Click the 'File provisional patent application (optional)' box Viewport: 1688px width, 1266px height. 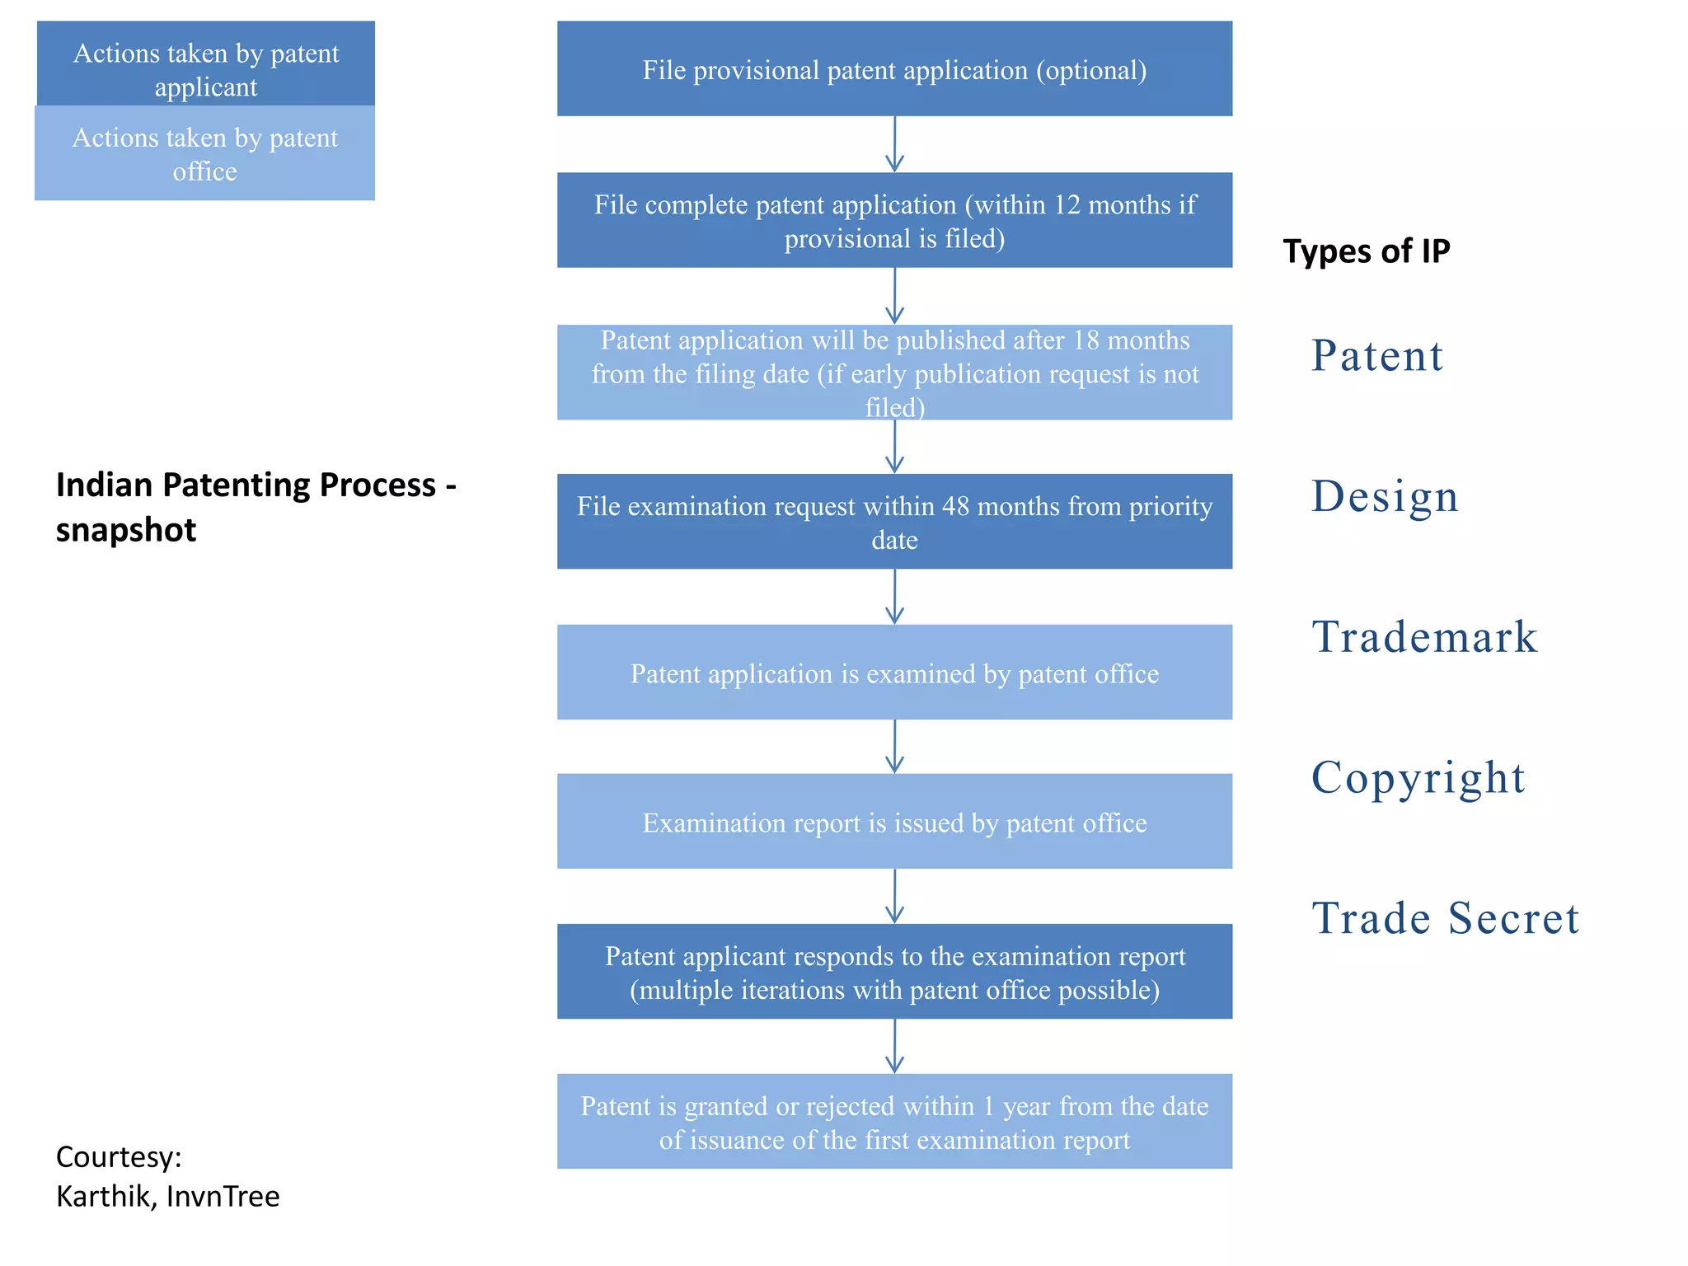(894, 69)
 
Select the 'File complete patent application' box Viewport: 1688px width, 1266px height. (894, 220)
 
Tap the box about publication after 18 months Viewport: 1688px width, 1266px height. (894, 373)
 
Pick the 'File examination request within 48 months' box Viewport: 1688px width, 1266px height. (894, 522)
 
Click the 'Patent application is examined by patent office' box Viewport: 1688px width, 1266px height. (894, 673)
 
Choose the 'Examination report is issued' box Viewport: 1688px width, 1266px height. (894, 822)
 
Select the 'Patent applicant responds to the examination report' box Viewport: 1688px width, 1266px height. (894, 972)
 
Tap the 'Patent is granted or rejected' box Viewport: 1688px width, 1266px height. (894, 1122)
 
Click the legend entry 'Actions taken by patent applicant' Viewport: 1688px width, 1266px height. (206, 64)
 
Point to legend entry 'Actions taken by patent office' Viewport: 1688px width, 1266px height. (205, 153)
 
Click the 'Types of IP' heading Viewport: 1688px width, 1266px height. (1366, 251)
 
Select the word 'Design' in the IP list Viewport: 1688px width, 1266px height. (1385, 497)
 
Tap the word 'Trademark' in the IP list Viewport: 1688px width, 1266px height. (1424, 637)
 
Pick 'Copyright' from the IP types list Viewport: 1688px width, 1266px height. (1418, 777)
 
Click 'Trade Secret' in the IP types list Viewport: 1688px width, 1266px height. (1445, 918)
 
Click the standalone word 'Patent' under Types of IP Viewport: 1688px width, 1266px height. (1376, 356)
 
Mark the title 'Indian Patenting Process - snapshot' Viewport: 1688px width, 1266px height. (256, 507)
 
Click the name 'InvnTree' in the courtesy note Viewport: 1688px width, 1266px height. (223, 1196)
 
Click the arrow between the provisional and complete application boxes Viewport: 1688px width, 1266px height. (894, 144)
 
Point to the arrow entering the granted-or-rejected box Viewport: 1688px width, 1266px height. (894, 1047)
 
